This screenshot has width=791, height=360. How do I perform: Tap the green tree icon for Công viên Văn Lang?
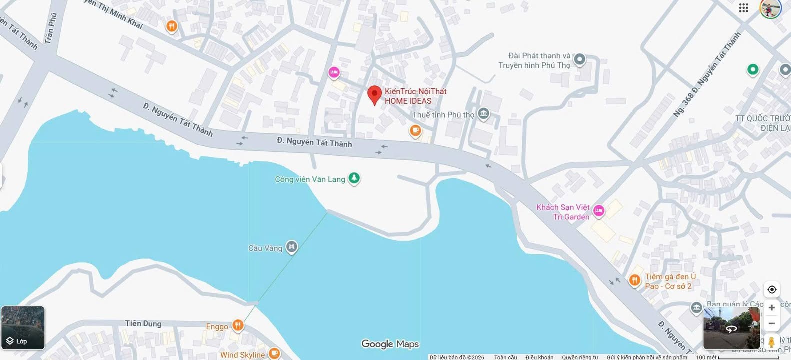click(x=354, y=178)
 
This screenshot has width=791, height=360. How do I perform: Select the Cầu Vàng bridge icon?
click(x=292, y=247)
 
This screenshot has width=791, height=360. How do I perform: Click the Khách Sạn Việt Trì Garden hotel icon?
click(x=598, y=211)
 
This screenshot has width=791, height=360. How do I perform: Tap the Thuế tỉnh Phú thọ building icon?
click(x=483, y=114)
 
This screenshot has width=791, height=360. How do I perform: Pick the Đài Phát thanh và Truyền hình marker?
click(x=579, y=60)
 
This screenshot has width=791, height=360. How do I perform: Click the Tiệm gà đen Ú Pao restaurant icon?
click(x=634, y=280)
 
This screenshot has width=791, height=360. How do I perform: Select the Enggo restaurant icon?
click(x=238, y=326)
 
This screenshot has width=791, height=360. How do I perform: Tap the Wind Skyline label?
click(x=242, y=355)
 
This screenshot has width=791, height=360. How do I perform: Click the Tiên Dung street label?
click(x=143, y=323)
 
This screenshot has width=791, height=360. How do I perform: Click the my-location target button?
click(x=771, y=290)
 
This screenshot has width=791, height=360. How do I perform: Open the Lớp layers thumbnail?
click(x=23, y=328)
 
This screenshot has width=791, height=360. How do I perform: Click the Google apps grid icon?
click(x=743, y=8)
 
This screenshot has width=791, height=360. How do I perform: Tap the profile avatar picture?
click(x=770, y=8)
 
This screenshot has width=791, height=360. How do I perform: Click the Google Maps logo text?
click(x=390, y=344)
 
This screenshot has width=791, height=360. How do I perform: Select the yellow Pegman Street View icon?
click(x=771, y=342)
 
